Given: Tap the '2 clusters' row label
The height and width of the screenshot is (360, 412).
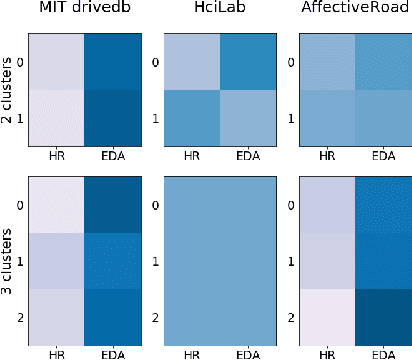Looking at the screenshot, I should [x=9, y=90].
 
